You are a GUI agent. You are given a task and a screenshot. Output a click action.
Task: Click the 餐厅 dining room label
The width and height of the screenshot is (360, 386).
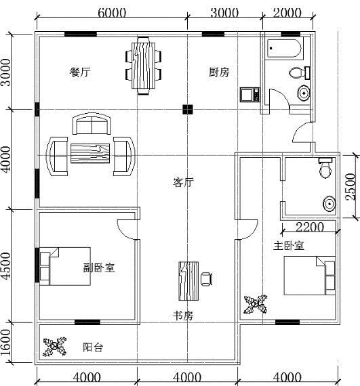(x=80, y=72)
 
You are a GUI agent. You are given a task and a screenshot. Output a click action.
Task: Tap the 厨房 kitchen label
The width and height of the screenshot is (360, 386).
(x=219, y=72)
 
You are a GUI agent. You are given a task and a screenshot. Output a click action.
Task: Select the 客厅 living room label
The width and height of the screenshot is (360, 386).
(x=183, y=182)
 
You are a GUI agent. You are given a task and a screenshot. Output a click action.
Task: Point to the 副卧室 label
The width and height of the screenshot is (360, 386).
(x=99, y=267)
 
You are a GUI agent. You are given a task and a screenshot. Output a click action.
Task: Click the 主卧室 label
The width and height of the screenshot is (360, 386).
(x=289, y=246)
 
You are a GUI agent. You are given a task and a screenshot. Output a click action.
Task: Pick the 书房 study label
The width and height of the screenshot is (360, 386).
(x=183, y=316)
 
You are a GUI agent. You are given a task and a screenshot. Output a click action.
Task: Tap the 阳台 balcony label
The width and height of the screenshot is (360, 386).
(x=93, y=347)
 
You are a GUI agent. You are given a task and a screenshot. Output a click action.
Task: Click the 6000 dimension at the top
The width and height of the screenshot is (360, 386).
(x=112, y=13)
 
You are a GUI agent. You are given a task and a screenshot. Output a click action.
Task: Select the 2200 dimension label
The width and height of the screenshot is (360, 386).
(x=310, y=227)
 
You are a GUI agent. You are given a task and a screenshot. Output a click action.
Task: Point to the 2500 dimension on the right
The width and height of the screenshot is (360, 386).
(x=351, y=187)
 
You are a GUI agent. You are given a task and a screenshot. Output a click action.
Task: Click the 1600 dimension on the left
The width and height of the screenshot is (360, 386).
(x=5, y=343)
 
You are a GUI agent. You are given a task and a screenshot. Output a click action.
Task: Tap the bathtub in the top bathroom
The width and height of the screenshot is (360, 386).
(x=284, y=48)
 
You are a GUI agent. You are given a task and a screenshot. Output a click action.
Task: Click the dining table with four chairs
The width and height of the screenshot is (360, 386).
(x=144, y=66)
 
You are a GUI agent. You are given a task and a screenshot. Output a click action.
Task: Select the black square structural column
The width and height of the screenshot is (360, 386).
(x=188, y=110)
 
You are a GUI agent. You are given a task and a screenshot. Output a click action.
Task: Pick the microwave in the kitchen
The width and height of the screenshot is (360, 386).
(x=250, y=95)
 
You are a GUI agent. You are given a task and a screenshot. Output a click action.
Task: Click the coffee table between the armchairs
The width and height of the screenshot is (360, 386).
(x=90, y=154)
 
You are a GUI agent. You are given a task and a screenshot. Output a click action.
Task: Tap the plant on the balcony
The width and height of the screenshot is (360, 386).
(x=55, y=347)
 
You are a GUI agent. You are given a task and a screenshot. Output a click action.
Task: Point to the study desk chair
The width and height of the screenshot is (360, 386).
(x=207, y=279)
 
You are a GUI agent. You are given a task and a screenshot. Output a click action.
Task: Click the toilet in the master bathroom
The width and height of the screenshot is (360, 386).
(x=325, y=168)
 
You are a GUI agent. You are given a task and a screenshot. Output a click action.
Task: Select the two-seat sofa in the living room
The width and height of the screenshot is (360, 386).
(x=92, y=123)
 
